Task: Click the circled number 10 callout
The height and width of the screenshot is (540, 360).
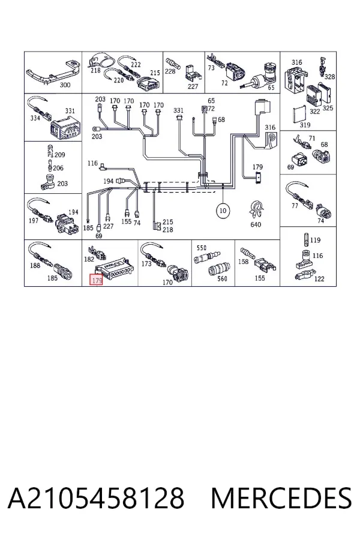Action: coord(223,211)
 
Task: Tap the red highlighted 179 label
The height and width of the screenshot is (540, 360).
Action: coord(97,280)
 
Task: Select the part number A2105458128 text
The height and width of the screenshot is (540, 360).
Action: coord(96,498)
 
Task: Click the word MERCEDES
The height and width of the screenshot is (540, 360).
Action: coord(281,498)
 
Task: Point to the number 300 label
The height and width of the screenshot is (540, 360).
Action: coord(65,85)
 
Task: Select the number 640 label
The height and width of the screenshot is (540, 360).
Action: coord(256,224)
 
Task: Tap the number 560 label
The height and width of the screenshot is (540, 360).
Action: coord(222,278)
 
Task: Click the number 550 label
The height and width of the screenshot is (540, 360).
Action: coord(201,248)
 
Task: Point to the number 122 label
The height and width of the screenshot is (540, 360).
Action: coord(319,278)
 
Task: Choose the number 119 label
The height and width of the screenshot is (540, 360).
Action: coord(315,240)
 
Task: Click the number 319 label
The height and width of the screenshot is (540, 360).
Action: coord(305,125)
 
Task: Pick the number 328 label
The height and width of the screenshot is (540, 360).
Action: coord(329,76)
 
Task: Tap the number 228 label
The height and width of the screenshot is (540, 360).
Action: coord(170,71)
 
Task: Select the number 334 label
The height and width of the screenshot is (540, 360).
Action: coord(35,118)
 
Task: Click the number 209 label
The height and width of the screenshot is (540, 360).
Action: coord(59,155)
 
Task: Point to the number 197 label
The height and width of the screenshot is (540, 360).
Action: coord(34,220)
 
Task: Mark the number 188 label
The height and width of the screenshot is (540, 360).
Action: coord(35,265)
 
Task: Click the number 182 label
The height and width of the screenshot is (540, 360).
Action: coord(89,259)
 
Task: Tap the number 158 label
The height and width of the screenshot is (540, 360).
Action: coord(243,262)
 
